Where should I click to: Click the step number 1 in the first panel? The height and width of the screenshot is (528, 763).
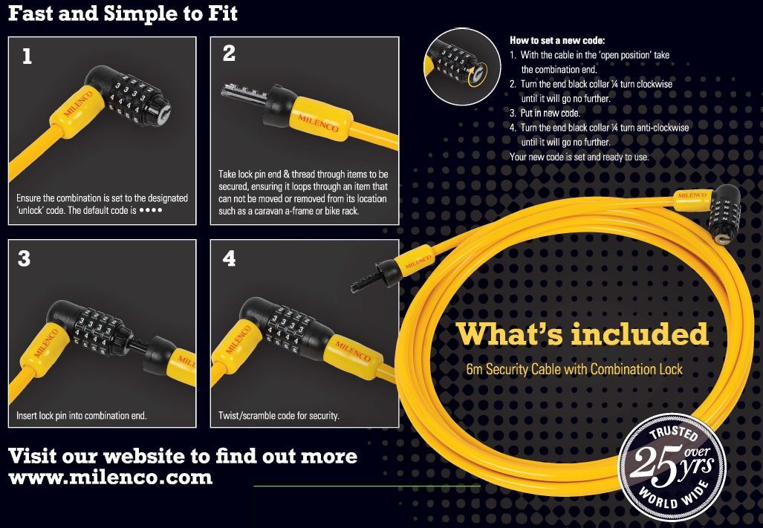(x=27, y=56)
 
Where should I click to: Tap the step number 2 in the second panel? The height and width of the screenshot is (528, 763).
(x=230, y=53)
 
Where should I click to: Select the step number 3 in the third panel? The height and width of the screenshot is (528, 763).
(x=25, y=258)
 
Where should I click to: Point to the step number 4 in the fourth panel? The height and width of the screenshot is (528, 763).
(x=230, y=258)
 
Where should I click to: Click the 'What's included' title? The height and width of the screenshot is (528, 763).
(x=582, y=333)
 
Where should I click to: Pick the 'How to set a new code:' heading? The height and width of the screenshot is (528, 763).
(x=557, y=40)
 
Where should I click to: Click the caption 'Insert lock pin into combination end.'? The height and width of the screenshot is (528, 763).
(x=82, y=415)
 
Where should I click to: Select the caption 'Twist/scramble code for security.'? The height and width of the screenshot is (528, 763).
(x=279, y=415)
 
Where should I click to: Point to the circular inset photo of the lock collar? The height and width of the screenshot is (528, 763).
(x=462, y=68)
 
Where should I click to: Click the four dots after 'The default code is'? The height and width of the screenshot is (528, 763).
(x=151, y=210)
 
